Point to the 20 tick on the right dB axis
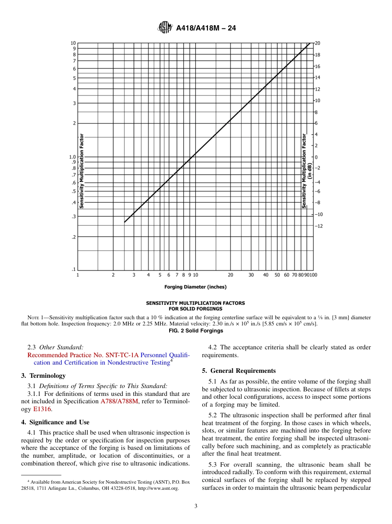coord(318,43)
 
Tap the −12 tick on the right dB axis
coord(319,226)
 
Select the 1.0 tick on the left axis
coord(72,157)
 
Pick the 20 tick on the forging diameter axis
coord(230,275)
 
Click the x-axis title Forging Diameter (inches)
coord(195,287)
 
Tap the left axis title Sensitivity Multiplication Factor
coord(82,171)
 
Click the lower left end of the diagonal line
coord(125,222)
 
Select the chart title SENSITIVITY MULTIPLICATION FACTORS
coord(195,303)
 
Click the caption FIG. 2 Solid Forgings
coord(196,330)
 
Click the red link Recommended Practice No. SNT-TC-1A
coord(83,355)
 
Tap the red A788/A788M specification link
coord(119,401)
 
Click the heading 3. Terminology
coord(43,376)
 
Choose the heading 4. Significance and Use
coord(55,422)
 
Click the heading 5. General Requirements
coord(239,371)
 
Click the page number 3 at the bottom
coord(196,506)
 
